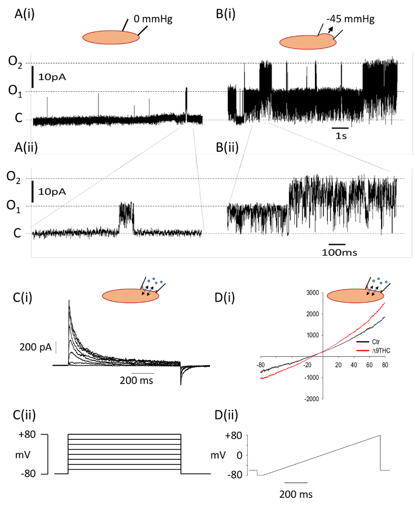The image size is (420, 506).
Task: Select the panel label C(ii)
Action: click(x=26, y=414)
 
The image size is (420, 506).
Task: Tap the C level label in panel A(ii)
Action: click(x=17, y=233)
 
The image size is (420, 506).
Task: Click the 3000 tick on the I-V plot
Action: click(x=311, y=293)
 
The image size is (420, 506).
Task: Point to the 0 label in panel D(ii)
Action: click(x=240, y=455)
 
